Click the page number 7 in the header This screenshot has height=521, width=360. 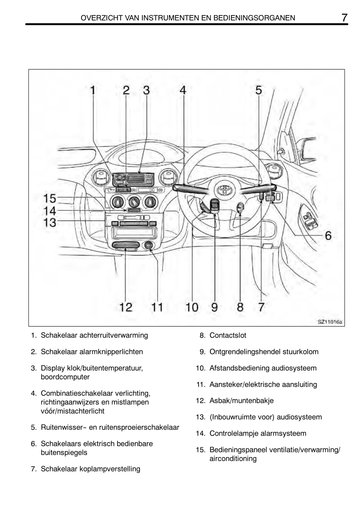point(344,18)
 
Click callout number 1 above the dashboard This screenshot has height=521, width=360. point(93,90)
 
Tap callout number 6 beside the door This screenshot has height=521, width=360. point(328,235)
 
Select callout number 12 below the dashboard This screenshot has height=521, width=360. point(125,307)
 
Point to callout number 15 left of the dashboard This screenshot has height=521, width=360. point(49,198)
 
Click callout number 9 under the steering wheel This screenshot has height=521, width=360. point(214,307)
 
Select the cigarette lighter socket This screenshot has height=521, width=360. point(148,245)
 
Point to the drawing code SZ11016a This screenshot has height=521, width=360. point(330,322)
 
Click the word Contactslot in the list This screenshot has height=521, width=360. point(228,335)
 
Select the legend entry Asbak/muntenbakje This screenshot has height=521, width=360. point(241,400)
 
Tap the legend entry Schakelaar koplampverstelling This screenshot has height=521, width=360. point(90,469)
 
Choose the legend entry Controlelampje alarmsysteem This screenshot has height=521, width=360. point(258,433)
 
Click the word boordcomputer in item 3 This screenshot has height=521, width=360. point(65,377)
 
